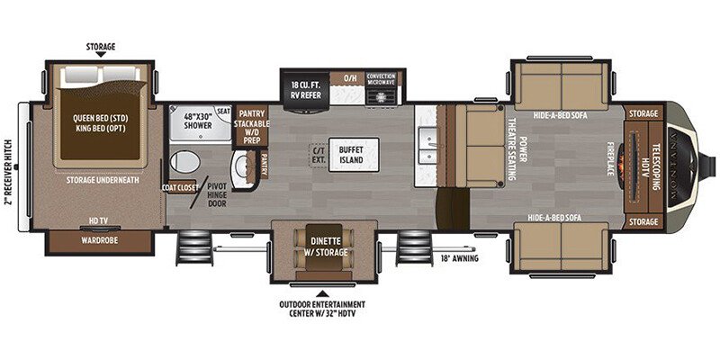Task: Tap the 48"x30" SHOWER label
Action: (197, 121)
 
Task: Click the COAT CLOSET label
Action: (179, 188)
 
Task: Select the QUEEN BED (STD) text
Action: (102, 116)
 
